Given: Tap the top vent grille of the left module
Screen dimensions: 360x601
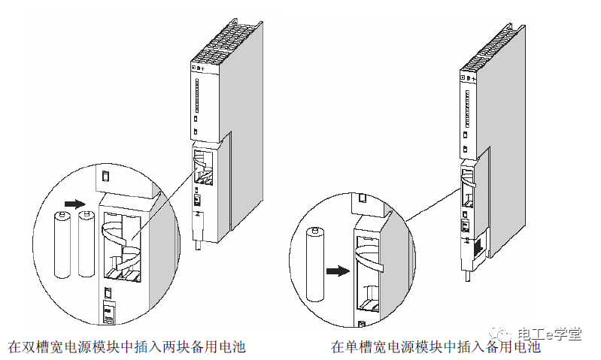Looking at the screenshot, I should (x=226, y=46).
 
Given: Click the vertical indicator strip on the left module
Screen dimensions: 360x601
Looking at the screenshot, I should (x=196, y=98).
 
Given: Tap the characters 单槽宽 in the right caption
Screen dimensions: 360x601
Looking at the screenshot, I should (x=363, y=347).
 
